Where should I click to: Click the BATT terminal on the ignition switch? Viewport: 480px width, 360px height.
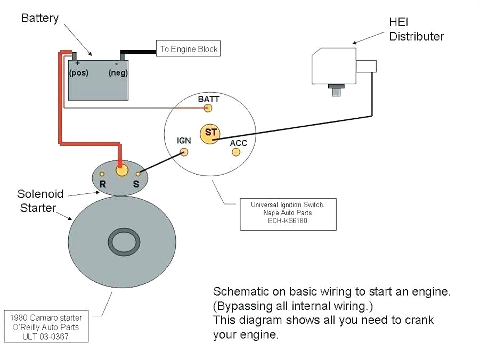coord(208,108)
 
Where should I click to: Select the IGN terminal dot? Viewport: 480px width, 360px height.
coord(184,152)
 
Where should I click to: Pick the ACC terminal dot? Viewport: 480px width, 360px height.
coord(236,152)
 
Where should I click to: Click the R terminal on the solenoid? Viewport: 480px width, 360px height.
coord(102,174)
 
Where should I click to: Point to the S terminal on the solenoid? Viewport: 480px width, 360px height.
coord(139,174)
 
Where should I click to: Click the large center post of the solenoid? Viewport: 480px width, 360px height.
coord(122,170)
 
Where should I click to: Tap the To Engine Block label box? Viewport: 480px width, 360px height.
coord(188,49)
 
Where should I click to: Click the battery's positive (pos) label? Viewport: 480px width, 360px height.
coord(78,73)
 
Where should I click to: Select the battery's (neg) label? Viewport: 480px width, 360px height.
coord(118,73)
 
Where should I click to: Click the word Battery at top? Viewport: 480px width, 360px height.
coord(39,18)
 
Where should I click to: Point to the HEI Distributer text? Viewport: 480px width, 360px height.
coord(416,30)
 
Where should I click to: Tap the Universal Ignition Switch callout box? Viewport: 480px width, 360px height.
coord(288,215)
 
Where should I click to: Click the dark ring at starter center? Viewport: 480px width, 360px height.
coord(125,242)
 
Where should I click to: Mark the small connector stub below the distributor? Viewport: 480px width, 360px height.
coord(336,91)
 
